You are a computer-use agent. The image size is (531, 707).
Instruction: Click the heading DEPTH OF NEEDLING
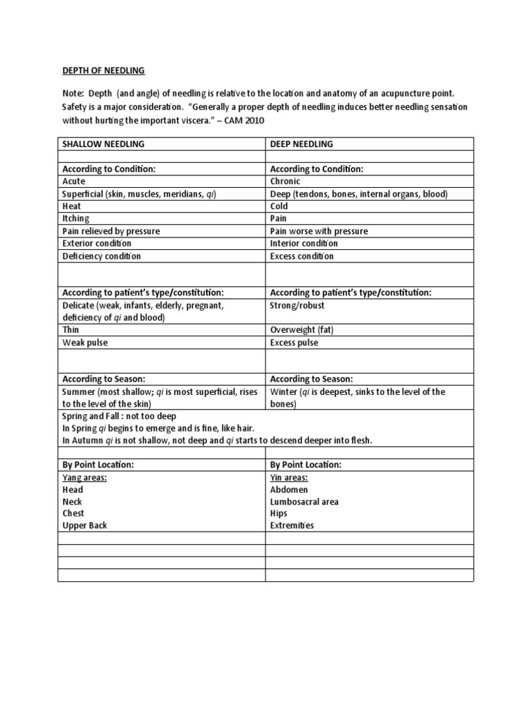click(x=101, y=70)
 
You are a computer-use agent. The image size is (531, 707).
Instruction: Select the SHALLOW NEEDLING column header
click(x=104, y=144)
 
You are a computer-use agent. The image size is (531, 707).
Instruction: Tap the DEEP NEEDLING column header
click(x=301, y=144)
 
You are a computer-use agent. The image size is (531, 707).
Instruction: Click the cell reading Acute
click(x=74, y=181)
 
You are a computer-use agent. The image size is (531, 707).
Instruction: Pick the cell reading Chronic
click(x=286, y=181)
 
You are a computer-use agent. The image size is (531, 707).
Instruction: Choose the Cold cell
click(x=279, y=206)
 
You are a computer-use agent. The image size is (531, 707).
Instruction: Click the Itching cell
click(x=76, y=218)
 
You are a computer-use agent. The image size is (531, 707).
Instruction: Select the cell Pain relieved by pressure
click(x=111, y=231)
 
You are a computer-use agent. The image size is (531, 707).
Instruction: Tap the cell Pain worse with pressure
click(x=319, y=231)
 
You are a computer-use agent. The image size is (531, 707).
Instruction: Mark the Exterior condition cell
click(x=97, y=243)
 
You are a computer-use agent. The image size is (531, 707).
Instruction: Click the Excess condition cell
click(x=301, y=256)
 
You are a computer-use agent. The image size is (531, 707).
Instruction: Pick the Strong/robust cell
click(x=297, y=305)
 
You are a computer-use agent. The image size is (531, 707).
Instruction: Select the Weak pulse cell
click(x=86, y=342)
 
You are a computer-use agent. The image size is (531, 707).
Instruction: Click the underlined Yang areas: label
click(x=84, y=477)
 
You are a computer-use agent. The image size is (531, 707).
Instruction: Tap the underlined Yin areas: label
click(x=289, y=477)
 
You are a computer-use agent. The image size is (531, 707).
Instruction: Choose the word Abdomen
click(x=289, y=490)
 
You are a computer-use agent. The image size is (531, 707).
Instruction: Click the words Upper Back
click(x=84, y=525)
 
